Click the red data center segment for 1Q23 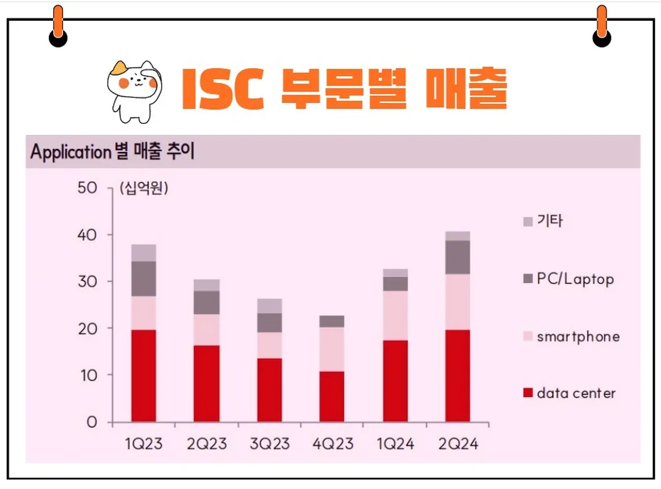pyautogui.click(x=143, y=376)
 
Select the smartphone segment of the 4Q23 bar pyautogui.click(x=332, y=349)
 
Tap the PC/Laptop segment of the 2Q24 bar pyautogui.click(x=457, y=257)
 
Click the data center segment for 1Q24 pyautogui.click(x=395, y=381)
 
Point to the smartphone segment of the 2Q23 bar pyautogui.click(x=206, y=330)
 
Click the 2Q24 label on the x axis pyautogui.click(x=457, y=444)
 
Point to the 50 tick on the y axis pyautogui.click(x=88, y=188)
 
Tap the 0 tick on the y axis pyautogui.click(x=92, y=422)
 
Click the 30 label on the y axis pyautogui.click(x=88, y=281)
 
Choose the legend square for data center pyautogui.click(x=528, y=393)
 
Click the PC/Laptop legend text pyautogui.click(x=575, y=279)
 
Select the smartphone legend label pyautogui.click(x=578, y=336)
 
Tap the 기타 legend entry pyautogui.click(x=550, y=221)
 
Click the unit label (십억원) pyautogui.click(x=144, y=188)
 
